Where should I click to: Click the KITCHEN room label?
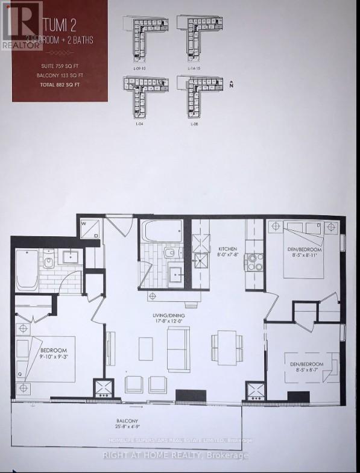coord(228,249)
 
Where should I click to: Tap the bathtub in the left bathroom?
coord(27,269)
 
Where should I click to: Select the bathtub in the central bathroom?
coord(161,231)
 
